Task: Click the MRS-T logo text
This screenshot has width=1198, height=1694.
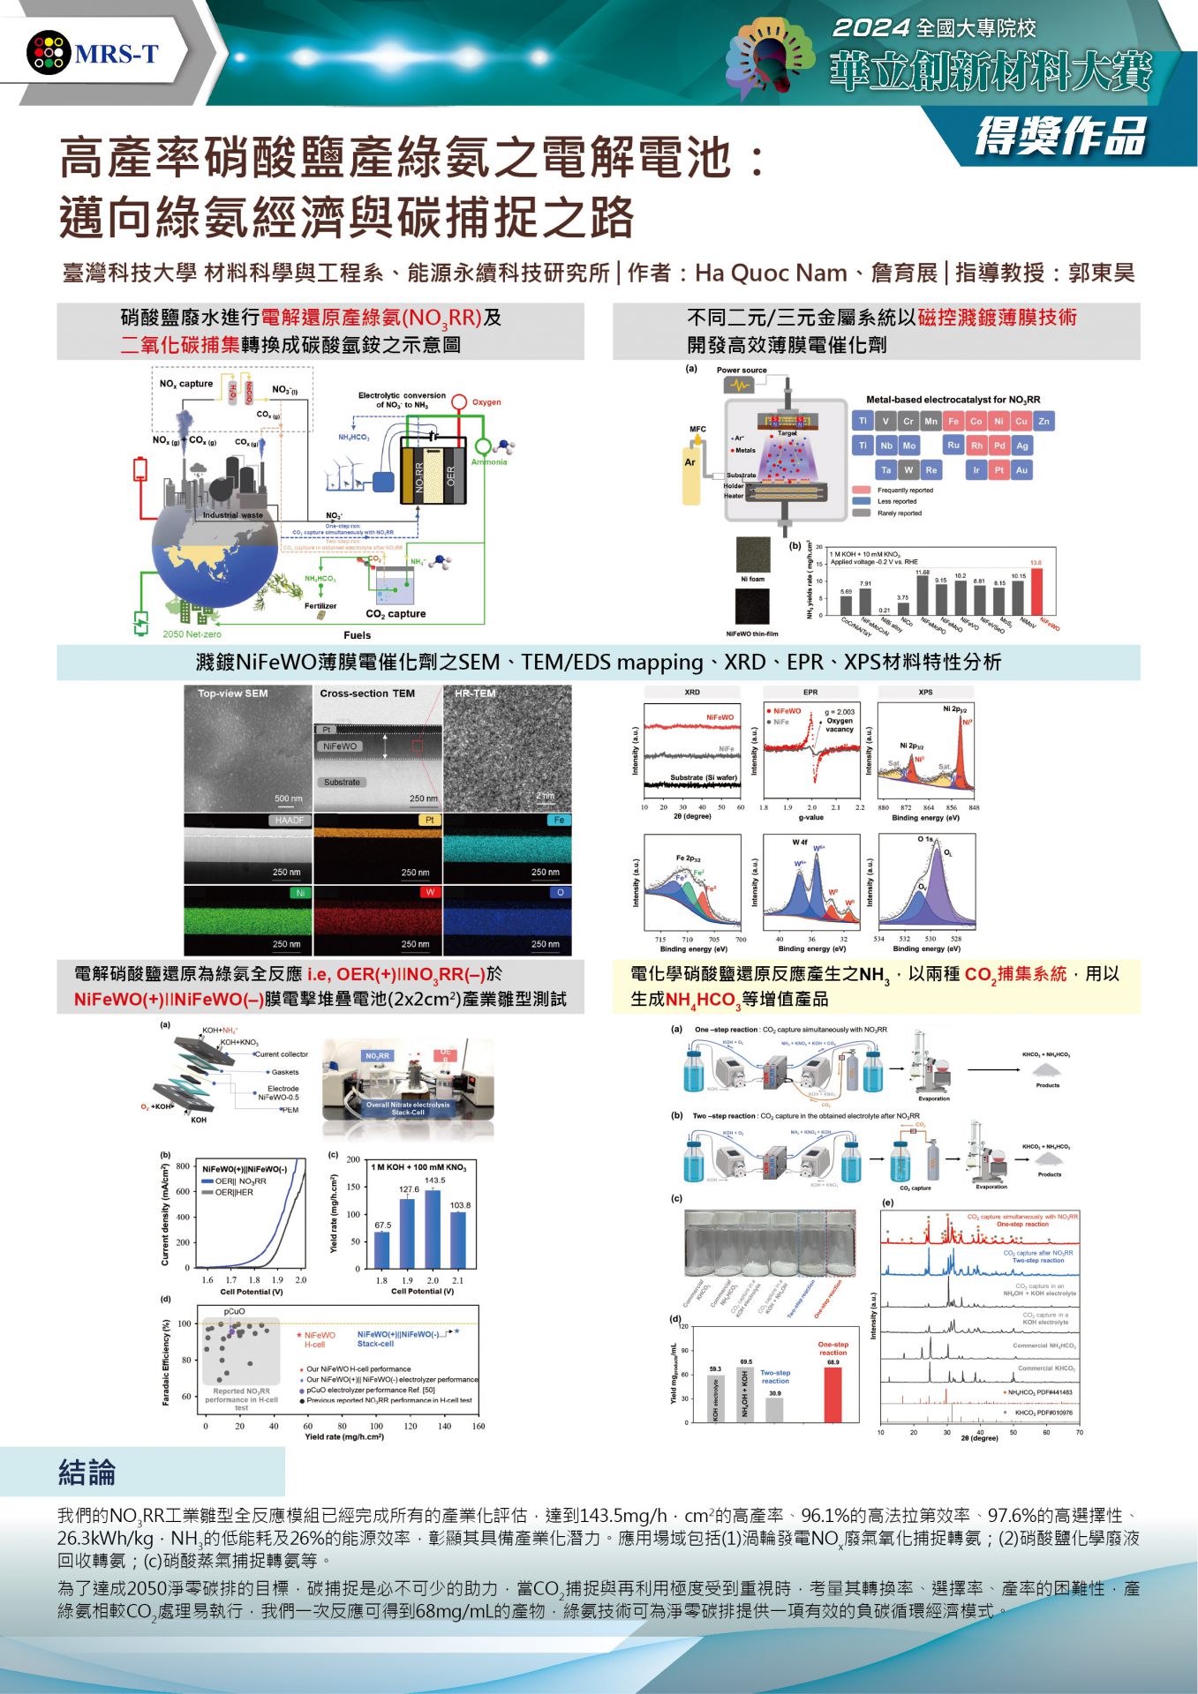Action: (117, 55)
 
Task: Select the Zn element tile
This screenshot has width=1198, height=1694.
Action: (1044, 422)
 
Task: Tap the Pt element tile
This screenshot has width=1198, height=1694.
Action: (998, 470)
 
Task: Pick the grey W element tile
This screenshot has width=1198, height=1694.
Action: (908, 470)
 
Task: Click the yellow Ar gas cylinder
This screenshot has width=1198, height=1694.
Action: (690, 476)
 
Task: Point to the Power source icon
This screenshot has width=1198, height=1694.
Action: (736, 386)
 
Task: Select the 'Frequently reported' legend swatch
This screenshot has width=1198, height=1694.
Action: (862, 490)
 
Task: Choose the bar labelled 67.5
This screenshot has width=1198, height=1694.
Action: (382, 1249)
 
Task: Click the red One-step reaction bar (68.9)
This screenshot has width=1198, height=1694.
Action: (833, 1394)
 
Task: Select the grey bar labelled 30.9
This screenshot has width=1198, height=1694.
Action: (774, 1409)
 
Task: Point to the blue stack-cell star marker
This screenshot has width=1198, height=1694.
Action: (456, 1330)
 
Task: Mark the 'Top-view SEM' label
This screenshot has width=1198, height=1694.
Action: (232, 693)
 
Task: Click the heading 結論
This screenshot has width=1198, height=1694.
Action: (87, 1472)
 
